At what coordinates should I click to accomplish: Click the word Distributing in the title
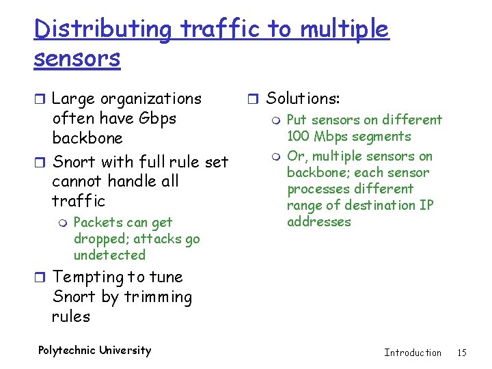[102, 29]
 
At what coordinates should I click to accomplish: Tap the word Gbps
[157, 118]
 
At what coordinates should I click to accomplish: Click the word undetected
[109, 255]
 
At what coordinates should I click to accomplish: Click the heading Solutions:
[302, 99]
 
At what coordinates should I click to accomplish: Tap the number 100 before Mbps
[299, 136]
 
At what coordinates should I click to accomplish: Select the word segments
[379, 136]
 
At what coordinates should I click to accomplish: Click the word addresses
[318, 221]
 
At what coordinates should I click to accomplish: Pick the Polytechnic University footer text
[94, 351]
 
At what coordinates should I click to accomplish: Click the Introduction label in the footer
[413, 353]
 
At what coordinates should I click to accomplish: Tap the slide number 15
[462, 353]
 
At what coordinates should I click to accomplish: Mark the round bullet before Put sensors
[276, 121]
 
